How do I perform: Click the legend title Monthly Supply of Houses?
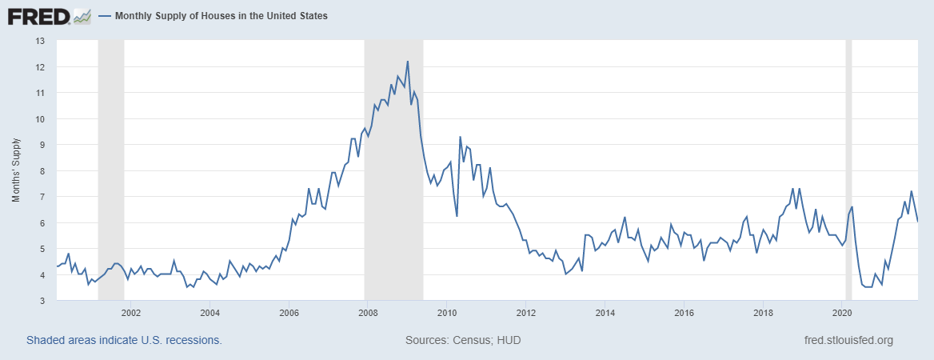click(221, 16)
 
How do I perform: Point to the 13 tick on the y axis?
click(40, 41)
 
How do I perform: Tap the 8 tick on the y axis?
click(42, 170)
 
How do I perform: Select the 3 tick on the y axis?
click(42, 301)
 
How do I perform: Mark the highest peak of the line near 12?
click(408, 62)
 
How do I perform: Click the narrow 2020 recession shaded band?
click(848, 168)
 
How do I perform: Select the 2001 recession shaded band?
click(110, 168)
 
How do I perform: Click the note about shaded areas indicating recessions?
click(124, 341)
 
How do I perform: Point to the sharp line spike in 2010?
click(460, 137)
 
